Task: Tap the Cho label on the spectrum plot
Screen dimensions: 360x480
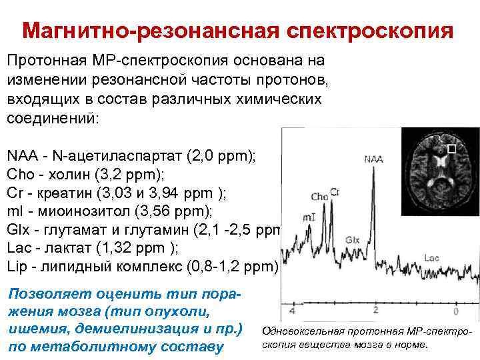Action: click(x=319, y=197)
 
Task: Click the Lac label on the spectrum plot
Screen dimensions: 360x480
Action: click(x=431, y=257)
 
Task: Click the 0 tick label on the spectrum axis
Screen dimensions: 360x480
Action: click(x=456, y=311)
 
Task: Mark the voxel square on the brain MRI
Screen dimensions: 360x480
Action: click(x=451, y=149)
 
